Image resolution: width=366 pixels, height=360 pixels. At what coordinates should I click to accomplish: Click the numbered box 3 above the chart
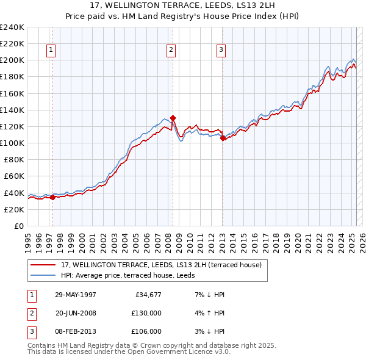point(221,51)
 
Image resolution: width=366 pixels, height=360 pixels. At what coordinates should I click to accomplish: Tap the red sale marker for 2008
point(173,118)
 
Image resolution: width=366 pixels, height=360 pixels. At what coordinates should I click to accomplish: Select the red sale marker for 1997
point(53,197)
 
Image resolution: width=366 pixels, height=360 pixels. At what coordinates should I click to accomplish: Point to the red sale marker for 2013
point(223,138)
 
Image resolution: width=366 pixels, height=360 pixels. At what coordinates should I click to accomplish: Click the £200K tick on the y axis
point(12,60)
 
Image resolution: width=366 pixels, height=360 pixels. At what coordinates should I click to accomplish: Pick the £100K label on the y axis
point(12,143)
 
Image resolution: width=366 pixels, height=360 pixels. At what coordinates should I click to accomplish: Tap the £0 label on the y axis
point(18,226)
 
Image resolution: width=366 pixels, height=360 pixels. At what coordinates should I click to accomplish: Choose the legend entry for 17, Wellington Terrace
point(161,265)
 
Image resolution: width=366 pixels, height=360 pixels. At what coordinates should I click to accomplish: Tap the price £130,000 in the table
point(146,314)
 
